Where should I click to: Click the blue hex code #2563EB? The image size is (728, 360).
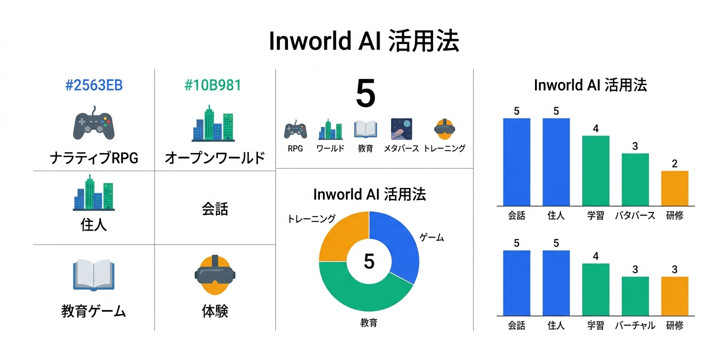tap(94, 85)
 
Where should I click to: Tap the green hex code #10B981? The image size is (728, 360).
tap(212, 85)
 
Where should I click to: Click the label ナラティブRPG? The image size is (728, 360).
tap(94, 158)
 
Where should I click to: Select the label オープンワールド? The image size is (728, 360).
tap(214, 158)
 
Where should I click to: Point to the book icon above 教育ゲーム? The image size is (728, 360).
tap(94, 274)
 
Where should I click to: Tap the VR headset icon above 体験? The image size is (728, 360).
tap(214, 274)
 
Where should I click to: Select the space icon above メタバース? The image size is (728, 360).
tap(401, 129)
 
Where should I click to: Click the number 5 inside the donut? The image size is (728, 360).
tap(369, 261)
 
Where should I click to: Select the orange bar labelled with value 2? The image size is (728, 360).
tap(674, 188)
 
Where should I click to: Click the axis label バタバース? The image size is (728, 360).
tap(635, 216)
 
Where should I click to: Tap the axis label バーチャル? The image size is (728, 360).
tap(635, 325)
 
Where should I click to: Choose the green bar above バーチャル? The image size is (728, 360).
tap(635, 296)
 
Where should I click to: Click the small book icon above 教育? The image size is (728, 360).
tap(365, 129)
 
